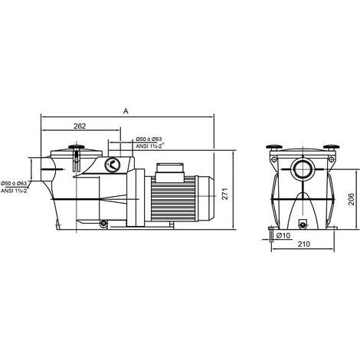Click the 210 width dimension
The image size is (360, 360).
point(303,245)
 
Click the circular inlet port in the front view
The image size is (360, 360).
point(302,169)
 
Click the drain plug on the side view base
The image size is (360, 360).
point(102,224)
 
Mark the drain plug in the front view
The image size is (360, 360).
point(303,224)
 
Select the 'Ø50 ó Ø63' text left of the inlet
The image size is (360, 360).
point(15,184)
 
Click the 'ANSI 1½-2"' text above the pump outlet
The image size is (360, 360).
point(152,146)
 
